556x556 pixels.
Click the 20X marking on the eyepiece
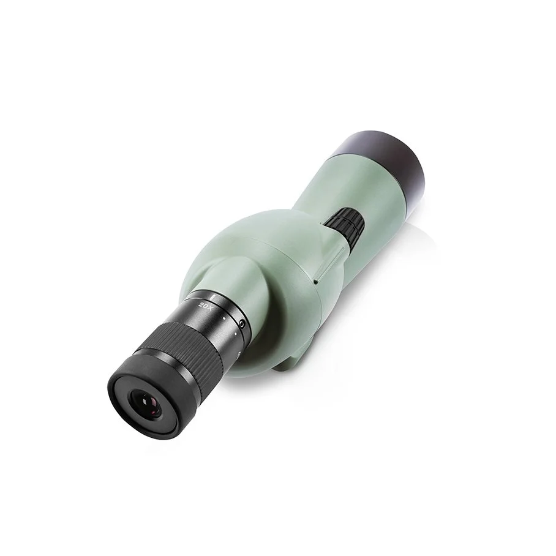206,306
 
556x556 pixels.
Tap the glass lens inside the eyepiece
146,403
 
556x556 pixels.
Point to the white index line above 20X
212,296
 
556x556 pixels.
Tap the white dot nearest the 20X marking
224,319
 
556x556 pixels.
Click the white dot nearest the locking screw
236,333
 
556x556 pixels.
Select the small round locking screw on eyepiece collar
242,323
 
